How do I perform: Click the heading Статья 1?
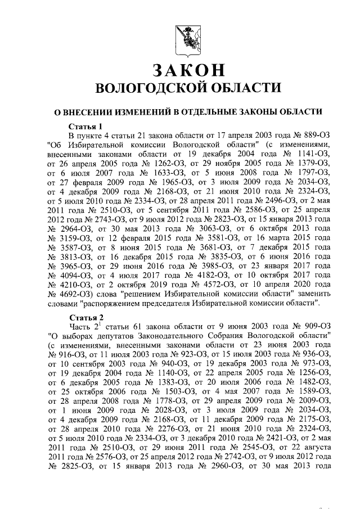pyautogui.click(x=85, y=125)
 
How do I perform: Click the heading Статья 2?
pyautogui.click(x=85, y=317)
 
